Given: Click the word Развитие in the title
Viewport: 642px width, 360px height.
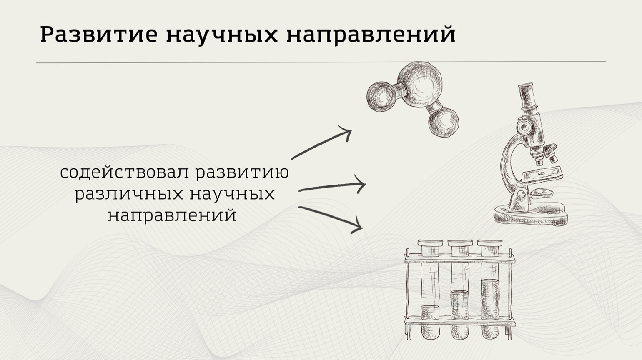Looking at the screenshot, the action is click(99, 35).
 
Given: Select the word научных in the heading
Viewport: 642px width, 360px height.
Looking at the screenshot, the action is click(222, 36).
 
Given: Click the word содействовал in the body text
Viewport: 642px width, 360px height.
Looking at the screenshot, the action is click(125, 172).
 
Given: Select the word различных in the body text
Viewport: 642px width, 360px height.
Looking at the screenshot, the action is click(129, 194).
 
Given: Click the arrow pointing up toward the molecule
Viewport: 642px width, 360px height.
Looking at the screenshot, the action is click(321, 142).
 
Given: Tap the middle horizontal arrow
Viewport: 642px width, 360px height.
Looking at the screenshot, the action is click(332, 187).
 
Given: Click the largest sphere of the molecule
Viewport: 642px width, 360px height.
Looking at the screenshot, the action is click(420, 85).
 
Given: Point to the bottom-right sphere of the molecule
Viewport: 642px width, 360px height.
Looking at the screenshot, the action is click(444, 122).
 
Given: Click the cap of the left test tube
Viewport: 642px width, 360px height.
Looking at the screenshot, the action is click(430, 248).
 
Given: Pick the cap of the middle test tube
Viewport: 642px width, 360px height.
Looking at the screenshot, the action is click(460, 248).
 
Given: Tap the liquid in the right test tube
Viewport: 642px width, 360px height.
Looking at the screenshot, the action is click(490, 299).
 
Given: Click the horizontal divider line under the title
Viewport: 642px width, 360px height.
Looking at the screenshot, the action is click(321, 62).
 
